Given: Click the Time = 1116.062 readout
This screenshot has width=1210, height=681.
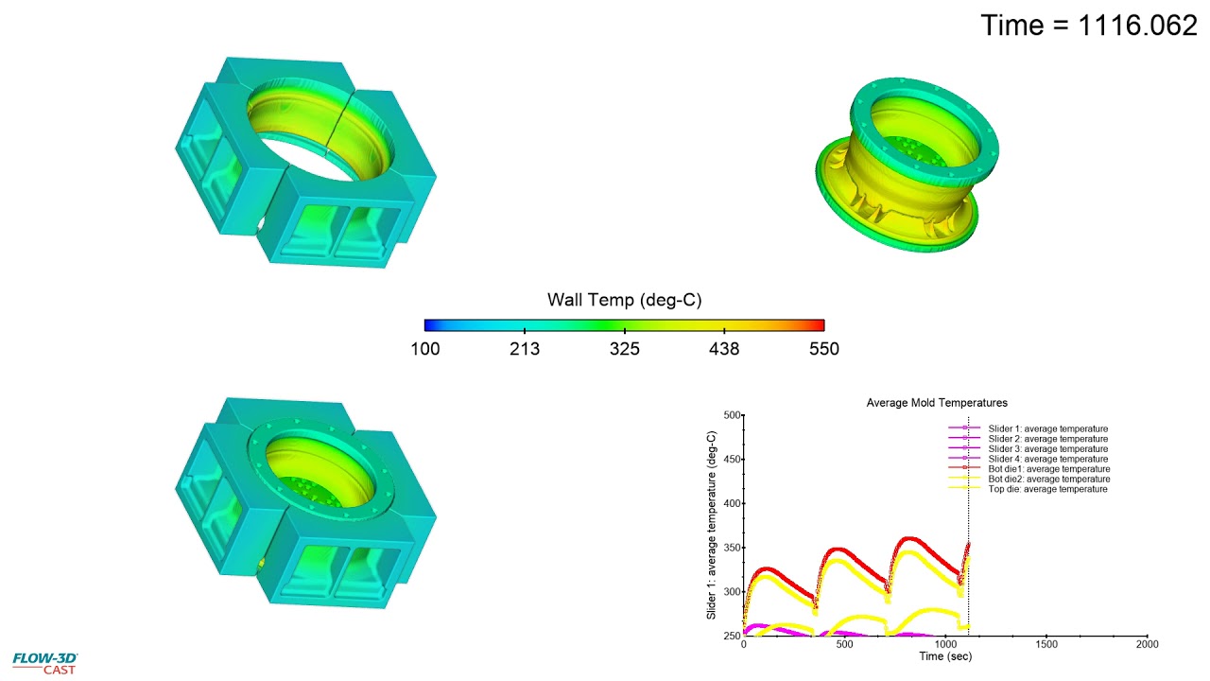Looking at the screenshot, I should (x=1089, y=26).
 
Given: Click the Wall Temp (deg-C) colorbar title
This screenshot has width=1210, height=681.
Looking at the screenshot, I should (x=624, y=300).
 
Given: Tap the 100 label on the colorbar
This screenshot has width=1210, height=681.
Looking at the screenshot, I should (x=424, y=349).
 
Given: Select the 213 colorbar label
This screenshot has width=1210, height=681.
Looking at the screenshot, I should (x=525, y=349).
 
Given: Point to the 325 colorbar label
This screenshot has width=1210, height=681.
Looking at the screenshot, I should (x=624, y=349).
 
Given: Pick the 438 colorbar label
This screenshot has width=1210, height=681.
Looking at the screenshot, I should (x=723, y=349).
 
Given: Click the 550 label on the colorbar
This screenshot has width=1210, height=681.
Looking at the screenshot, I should (x=823, y=349).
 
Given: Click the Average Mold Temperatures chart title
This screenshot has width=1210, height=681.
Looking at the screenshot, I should (x=937, y=403).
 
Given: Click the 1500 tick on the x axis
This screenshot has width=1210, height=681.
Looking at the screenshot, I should (x=1046, y=644).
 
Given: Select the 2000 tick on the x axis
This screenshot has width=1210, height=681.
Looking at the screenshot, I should (x=1147, y=644).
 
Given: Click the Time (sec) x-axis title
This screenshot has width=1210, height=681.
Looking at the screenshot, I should (x=945, y=655).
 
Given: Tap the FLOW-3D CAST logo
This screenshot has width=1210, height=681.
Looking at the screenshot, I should (x=44, y=662).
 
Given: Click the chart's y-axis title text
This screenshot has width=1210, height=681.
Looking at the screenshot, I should (x=712, y=525).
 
